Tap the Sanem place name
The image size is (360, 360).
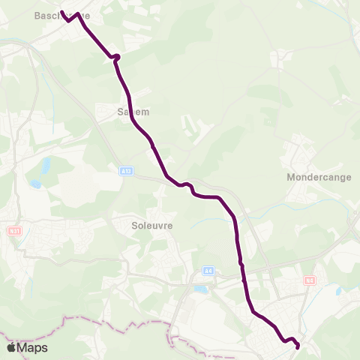(x=133, y=112)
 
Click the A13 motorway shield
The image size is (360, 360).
(x=126, y=172)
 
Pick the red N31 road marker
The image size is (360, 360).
(x=13, y=232)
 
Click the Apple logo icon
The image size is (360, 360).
(x=10, y=347)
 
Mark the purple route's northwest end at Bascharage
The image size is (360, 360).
(x=61, y=12)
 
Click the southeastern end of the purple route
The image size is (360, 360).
(x=297, y=346)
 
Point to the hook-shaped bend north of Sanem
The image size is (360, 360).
(x=116, y=56)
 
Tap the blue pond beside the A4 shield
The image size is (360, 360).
(x=200, y=289)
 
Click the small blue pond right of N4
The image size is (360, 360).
(x=339, y=291)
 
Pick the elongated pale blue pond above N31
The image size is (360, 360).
(x=45, y=164)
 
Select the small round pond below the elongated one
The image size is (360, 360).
(x=35, y=183)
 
